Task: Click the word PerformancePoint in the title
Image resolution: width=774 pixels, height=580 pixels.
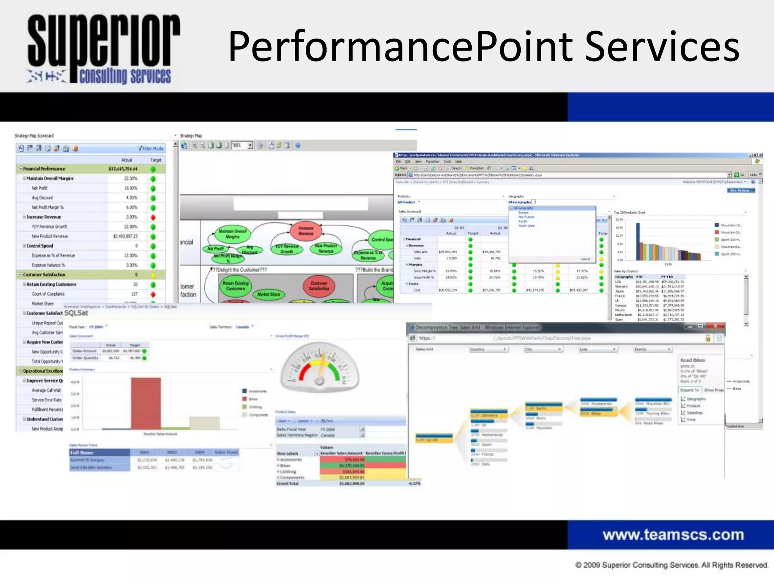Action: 401,47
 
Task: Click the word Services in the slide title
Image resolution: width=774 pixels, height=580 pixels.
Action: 661,47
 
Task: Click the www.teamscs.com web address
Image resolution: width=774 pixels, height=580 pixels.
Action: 673,535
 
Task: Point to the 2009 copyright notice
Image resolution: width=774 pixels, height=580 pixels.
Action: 671,565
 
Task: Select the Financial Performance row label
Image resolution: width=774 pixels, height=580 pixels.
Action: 44,169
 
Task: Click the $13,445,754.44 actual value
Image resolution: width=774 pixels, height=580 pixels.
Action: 123,169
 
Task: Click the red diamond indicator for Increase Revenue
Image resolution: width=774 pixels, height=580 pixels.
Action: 153,217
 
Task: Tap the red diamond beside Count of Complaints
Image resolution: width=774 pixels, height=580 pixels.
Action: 153,294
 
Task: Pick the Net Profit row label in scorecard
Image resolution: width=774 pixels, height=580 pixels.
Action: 39,188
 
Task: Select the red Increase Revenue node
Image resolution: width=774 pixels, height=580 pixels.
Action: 306,231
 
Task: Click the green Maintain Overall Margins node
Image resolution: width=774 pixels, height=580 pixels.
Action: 232,234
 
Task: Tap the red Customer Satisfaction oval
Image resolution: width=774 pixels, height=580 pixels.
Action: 319,286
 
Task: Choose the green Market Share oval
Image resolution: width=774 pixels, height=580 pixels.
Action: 269,294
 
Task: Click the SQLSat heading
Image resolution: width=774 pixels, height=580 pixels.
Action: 76,313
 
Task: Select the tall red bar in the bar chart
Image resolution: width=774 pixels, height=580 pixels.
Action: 146,403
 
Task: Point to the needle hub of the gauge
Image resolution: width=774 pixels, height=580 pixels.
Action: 320,381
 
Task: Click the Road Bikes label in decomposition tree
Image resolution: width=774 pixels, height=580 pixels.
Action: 693,360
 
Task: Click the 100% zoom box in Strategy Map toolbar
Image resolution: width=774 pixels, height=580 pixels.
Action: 239,145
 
